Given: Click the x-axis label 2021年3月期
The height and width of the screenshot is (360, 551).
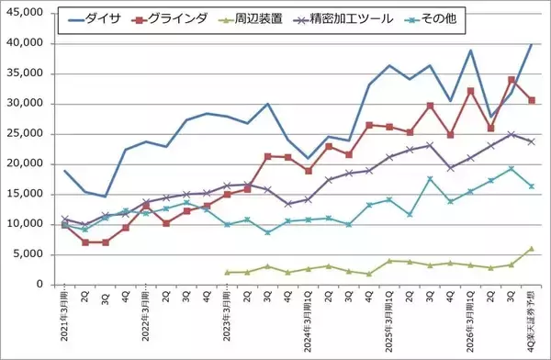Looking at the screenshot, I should coord(65,317).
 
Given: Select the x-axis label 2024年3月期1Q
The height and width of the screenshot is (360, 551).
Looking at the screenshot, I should coord(308,320).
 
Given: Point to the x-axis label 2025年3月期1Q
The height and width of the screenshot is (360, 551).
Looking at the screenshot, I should coord(388,320).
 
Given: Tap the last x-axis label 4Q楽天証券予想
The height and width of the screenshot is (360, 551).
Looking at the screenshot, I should coord(531,321).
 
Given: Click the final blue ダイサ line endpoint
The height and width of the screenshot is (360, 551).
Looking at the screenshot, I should coord(531,43).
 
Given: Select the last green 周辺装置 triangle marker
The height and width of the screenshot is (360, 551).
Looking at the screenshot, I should coord(531,249).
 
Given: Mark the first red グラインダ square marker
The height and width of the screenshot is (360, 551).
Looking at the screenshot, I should coord(65,225).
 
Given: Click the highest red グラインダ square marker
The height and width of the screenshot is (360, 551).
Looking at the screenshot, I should coord(511,80).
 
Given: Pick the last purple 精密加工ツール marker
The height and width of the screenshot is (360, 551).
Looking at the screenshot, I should coord(531,141).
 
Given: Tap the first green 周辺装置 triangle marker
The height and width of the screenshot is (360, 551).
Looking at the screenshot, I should coord(227,272).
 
